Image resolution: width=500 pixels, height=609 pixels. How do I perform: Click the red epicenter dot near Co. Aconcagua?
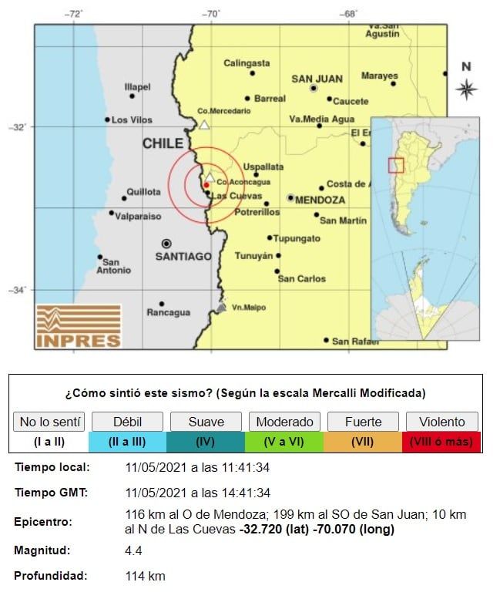point(206,185)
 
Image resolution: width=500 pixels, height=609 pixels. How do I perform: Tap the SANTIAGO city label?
point(183,256)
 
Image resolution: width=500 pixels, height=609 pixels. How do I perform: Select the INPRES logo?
point(79,325)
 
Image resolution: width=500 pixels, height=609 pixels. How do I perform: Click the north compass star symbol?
point(466,89)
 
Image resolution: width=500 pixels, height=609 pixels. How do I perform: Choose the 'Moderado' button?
point(284,422)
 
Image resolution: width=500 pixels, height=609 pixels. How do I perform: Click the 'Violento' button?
point(442,422)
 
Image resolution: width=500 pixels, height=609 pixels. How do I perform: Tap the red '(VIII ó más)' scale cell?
point(442,442)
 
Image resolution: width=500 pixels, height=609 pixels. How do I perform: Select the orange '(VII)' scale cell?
point(363,442)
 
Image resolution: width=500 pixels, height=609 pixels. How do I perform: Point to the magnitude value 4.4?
point(134,550)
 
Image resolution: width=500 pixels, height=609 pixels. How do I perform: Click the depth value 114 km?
point(145,576)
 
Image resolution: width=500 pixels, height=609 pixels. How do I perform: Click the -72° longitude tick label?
point(74,13)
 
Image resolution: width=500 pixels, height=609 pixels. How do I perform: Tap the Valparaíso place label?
point(138,217)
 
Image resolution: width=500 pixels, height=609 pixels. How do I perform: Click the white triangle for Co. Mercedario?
point(204,124)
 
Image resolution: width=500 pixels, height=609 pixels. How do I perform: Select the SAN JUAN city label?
point(316,79)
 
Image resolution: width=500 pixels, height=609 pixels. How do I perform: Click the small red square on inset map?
point(395,165)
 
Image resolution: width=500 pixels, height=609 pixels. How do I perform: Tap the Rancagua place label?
point(168,312)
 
